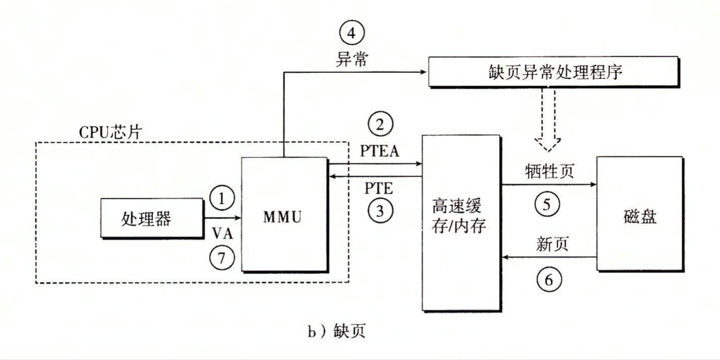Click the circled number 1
(221, 199)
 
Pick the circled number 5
(547, 204)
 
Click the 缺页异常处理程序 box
(552, 72)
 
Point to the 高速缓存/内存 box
(461, 222)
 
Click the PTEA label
(379, 151)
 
